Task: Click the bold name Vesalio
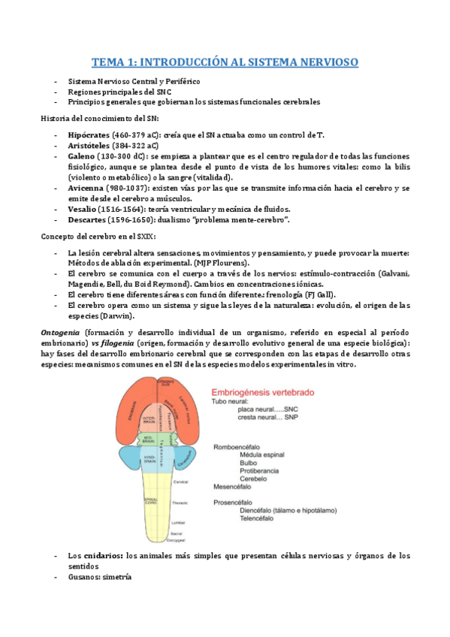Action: (x=83, y=209)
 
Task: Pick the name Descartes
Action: (x=88, y=219)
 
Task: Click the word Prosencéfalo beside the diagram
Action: (x=235, y=502)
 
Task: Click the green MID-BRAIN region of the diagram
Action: (x=149, y=439)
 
